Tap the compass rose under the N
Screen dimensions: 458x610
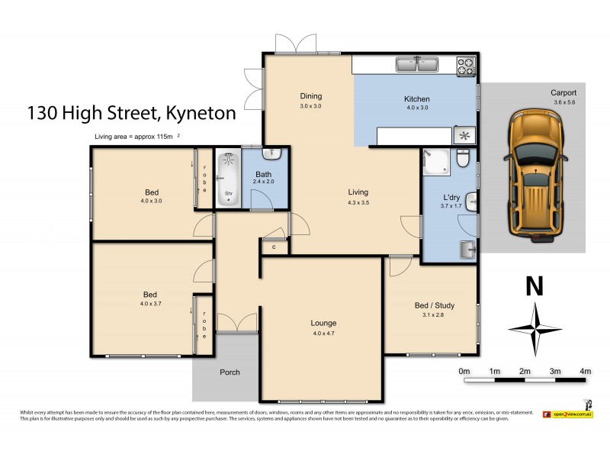pyautogui.click(x=535, y=328)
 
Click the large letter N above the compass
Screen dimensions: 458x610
pyautogui.click(x=535, y=287)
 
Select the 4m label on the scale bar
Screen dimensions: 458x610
pyautogui.click(x=585, y=371)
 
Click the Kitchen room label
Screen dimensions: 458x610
pyautogui.click(x=416, y=99)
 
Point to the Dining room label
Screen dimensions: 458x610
pyautogui.click(x=310, y=96)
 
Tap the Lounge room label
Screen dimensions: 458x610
pyautogui.click(x=323, y=323)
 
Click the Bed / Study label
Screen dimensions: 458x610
pyautogui.click(x=431, y=304)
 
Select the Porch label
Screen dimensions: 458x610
pyautogui.click(x=230, y=373)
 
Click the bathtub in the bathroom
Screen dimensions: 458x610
pyautogui.click(x=228, y=179)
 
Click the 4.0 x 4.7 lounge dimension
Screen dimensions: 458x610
pyautogui.click(x=323, y=334)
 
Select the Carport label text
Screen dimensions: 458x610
pyautogui.click(x=563, y=93)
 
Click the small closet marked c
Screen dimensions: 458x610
pyautogui.click(x=273, y=246)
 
